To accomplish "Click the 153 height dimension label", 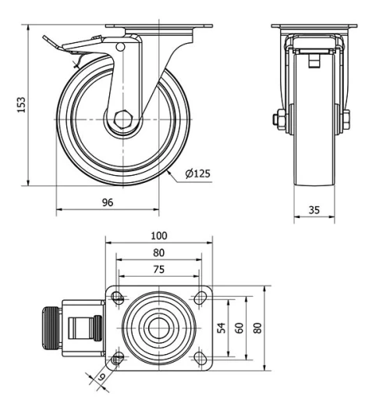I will pos(21,103).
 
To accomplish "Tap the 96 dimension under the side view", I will pos(108,202).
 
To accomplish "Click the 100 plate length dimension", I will pos(159,235).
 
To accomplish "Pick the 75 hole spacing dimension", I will pos(159,270).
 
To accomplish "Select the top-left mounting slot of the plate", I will pos(118,297).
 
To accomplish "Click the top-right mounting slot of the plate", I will pos(200,297).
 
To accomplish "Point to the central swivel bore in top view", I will pos(159,327).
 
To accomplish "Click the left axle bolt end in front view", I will pos(277,120).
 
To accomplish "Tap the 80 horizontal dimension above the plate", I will pos(159,252).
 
